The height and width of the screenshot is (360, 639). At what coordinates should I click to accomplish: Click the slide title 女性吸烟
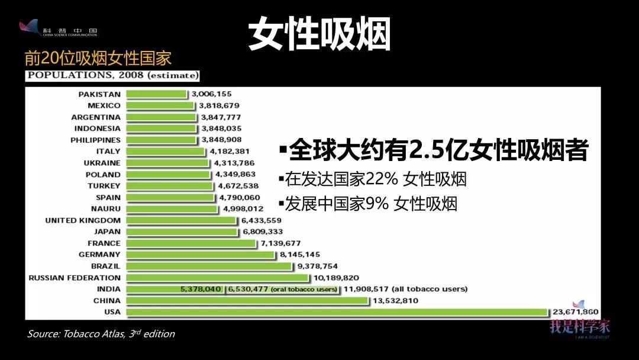pyautogui.click(x=319, y=34)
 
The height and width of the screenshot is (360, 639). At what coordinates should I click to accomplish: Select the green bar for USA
pyautogui.click(x=337, y=312)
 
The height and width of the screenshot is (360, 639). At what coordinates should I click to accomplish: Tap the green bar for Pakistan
pyautogui.click(x=155, y=94)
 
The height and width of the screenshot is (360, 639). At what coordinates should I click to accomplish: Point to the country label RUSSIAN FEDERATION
pyautogui.click(x=75, y=278)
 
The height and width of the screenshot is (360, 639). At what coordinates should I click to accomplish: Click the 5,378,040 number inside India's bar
pyautogui.click(x=201, y=289)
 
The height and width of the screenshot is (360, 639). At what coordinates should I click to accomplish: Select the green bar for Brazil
pyautogui.click(x=208, y=266)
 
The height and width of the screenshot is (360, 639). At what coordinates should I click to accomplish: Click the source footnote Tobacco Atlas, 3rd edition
pyautogui.click(x=101, y=334)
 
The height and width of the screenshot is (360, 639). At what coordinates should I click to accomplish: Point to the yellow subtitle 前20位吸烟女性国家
pyautogui.click(x=98, y=59)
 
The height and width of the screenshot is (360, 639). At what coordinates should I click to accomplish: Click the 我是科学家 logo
pyautogui.click(x=580, y=324)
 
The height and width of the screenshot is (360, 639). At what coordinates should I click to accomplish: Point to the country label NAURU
pyautogui.click(x=106, y=209)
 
